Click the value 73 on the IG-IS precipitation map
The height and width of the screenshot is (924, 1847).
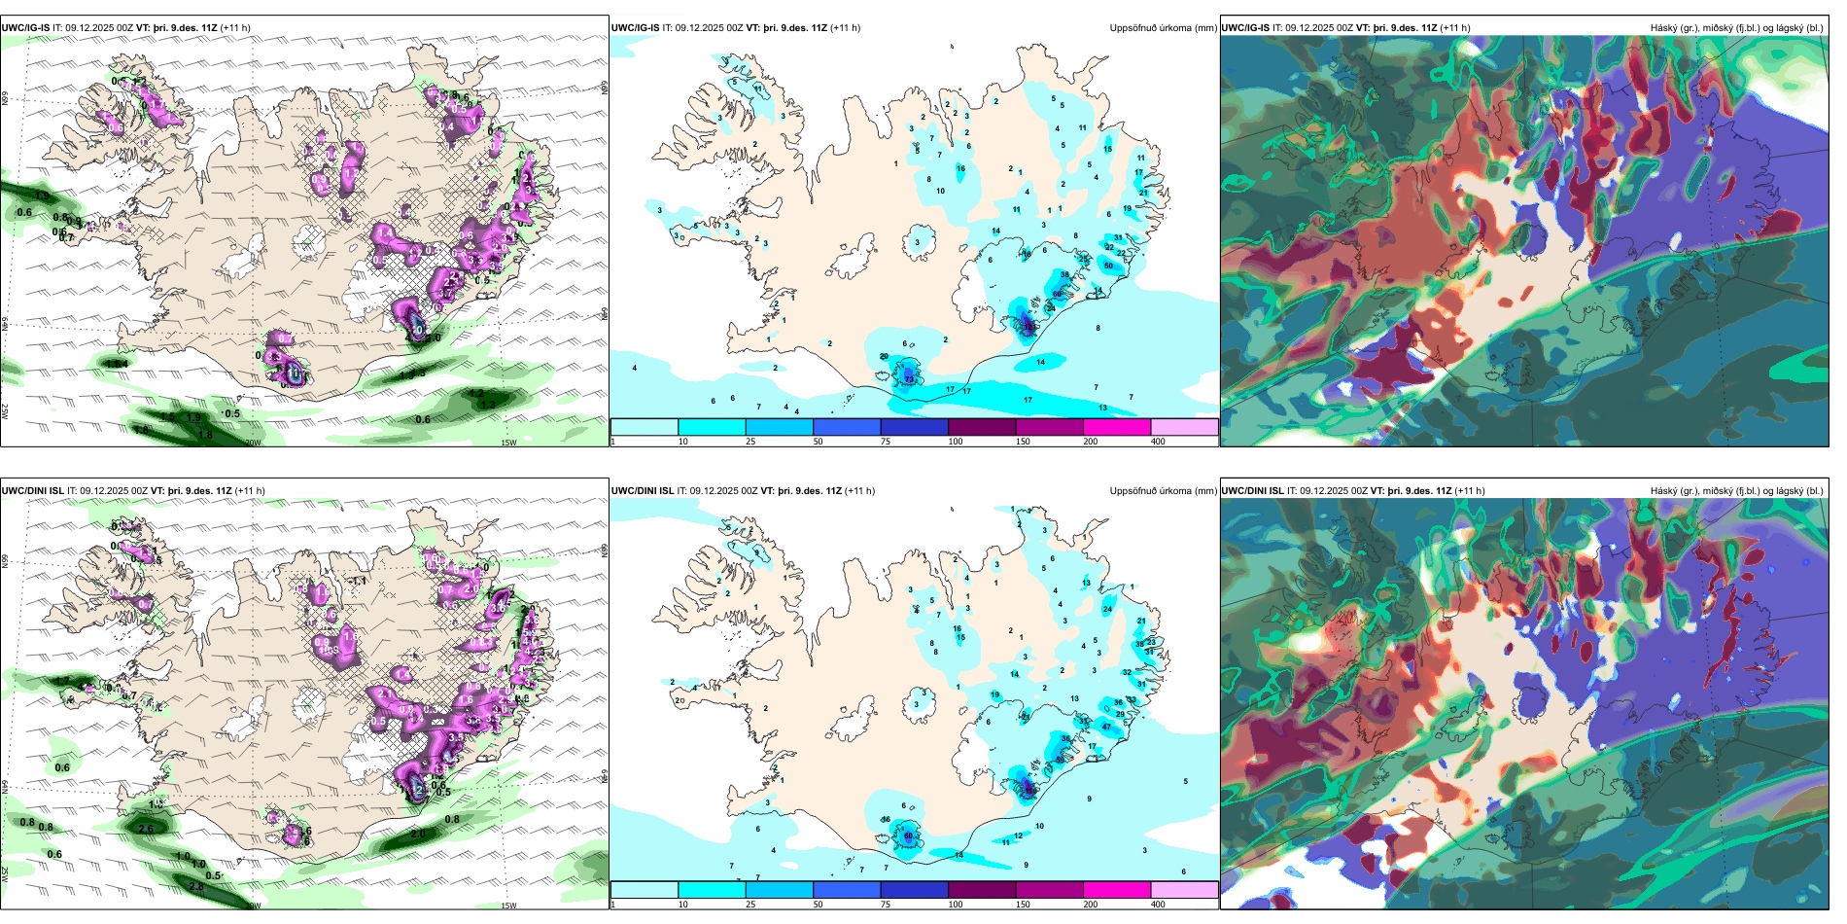click(909, 379)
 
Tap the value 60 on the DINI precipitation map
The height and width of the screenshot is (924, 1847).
click(909, 835)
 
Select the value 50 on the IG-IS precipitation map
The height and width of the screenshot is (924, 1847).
click(1109, 266)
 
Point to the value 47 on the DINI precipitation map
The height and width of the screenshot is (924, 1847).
click(1106, 727)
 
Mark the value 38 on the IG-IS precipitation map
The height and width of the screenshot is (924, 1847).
click(1064, 275)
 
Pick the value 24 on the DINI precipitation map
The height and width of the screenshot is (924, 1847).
click(1107, 609)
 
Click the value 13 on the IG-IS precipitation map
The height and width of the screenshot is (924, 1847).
click(1102, 408)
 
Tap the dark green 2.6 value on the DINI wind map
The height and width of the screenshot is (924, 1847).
click(146, 829)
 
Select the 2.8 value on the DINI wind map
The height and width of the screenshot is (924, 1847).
click(196, 886)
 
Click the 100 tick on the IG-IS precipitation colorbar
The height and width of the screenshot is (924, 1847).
click(956, 442)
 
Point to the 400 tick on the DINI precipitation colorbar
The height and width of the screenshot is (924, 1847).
click(1158, 905)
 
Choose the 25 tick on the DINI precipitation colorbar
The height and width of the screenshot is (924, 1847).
click(750, 905)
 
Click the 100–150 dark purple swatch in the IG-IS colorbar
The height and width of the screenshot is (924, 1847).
click(982, 427)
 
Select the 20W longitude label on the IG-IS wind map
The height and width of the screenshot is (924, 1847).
click(253, 443)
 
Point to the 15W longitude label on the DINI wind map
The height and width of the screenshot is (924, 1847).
click(508, 906)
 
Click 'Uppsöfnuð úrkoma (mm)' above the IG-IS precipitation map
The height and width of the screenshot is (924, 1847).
click(1163, 28)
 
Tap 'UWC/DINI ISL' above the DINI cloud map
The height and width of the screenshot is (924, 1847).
click(1252, 491)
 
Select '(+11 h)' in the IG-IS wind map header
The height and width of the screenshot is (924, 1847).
click(235, 28)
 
